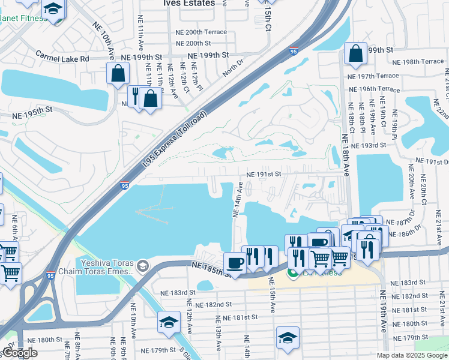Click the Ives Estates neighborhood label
pyautogui.click(x=188, y=3)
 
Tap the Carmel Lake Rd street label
pyautogui.click(x=62, y=59)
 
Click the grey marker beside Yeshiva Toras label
pyautogui.click(x=143, y=265)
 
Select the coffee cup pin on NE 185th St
pyautogui.click(x=234, y=262)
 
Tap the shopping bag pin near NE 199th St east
pyautogui.click(x=355, y=53)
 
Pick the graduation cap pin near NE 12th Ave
pyautogui.click(x=169, y=322)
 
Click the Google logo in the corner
pyautogui.click(x=20, y=353)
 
